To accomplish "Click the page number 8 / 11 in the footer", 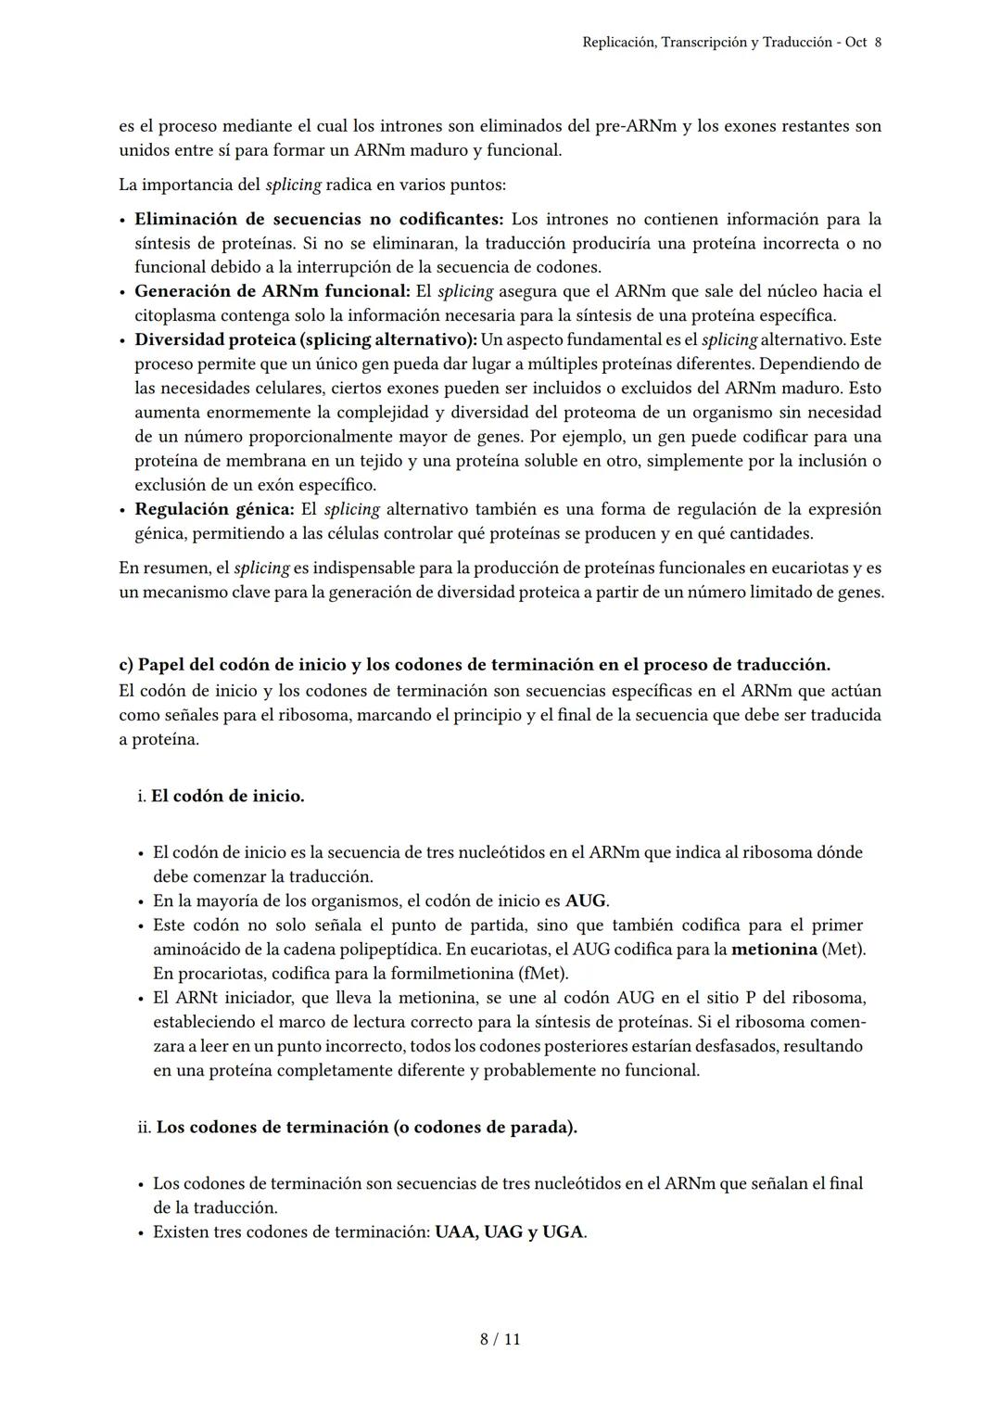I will click(500, 1339).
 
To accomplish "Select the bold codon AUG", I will click(586, 900).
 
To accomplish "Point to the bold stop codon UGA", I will click(564, 1231).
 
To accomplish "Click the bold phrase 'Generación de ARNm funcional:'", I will click(272, 291).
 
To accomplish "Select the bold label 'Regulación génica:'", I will click(214, 509).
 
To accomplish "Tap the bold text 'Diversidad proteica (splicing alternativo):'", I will click(305, 339).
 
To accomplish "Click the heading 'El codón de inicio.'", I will click(227, 796).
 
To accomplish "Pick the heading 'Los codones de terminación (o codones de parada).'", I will click(366, 1127).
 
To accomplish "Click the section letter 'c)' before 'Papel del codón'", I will click(126, 665).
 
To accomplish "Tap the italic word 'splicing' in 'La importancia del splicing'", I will click(293, 185).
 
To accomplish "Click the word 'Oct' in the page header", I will click(856, 43).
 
